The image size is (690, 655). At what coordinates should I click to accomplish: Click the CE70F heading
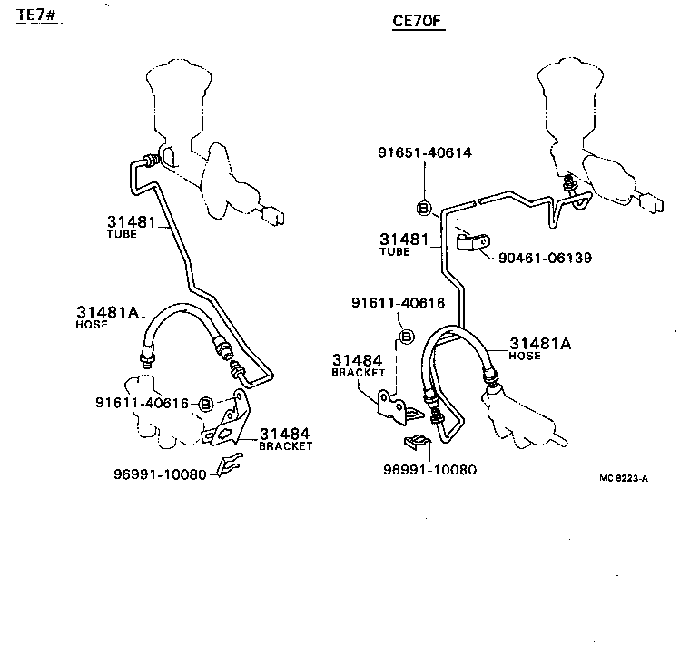[x=418, y=22]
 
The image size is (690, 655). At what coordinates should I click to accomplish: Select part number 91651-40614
[x=425, y=152]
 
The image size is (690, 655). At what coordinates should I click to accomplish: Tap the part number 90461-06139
[x=545, y=258]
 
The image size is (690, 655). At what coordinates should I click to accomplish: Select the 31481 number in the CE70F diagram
[x=404, y=240]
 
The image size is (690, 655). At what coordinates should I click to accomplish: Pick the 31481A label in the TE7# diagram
[x=106, y=313]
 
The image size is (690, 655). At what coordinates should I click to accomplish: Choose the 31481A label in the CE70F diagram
[x=540, y=343]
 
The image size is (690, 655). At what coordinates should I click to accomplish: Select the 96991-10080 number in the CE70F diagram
[x=429, y=469]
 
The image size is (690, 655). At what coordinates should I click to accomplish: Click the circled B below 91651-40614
[x=423, y=208]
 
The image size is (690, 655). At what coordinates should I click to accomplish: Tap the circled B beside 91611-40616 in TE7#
[x=206, y=404]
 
